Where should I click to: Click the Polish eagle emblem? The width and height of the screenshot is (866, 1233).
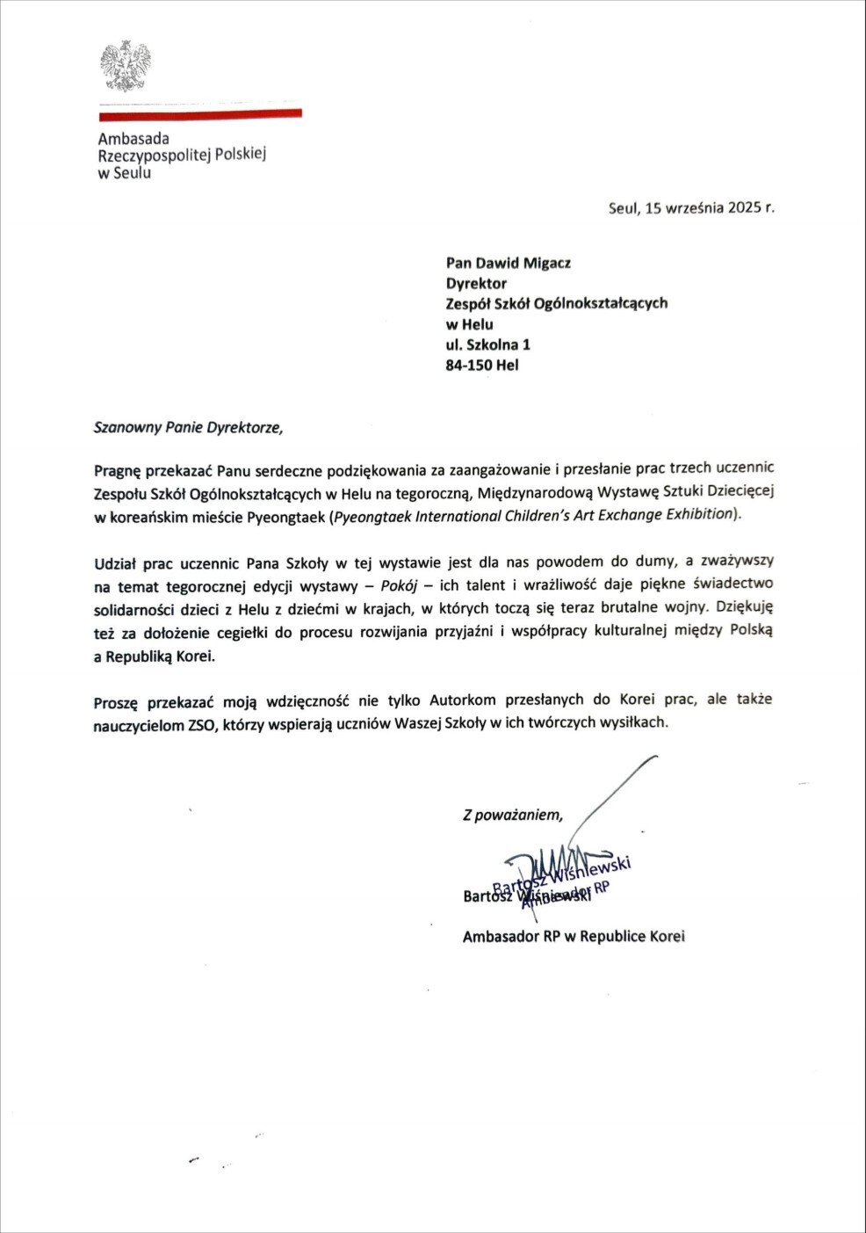(125, 66)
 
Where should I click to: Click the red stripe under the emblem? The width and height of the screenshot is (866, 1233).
(200, 113)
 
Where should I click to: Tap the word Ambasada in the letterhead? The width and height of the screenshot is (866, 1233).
(134, 139)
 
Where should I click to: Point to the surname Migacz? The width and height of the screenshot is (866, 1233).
(547, 262)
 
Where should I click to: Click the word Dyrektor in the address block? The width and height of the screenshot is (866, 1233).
(476, 283)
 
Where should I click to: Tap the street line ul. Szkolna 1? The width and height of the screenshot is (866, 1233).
(487, 345)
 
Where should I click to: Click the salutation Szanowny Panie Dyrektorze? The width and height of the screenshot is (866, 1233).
(189, 429)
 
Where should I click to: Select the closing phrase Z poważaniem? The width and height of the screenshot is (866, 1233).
(513, 815)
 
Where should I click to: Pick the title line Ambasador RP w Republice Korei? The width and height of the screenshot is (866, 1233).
(574, 937)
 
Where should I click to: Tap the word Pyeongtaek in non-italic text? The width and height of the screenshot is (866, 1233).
(286, 516)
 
